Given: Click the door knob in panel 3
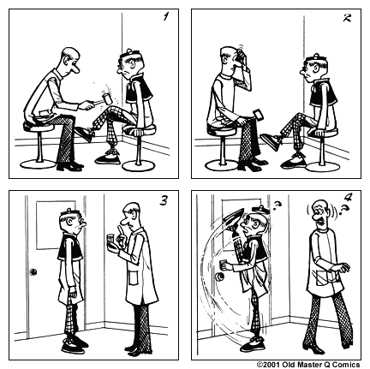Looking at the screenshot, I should pos(33,272).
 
